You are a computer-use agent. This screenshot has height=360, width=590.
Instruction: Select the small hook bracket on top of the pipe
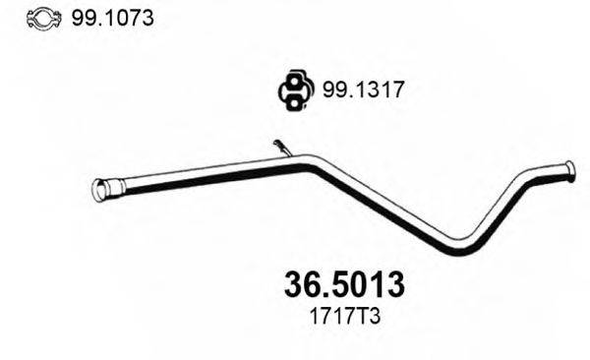[x=282, y=148]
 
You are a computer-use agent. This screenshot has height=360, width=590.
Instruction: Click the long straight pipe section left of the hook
[x=197, y=172]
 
